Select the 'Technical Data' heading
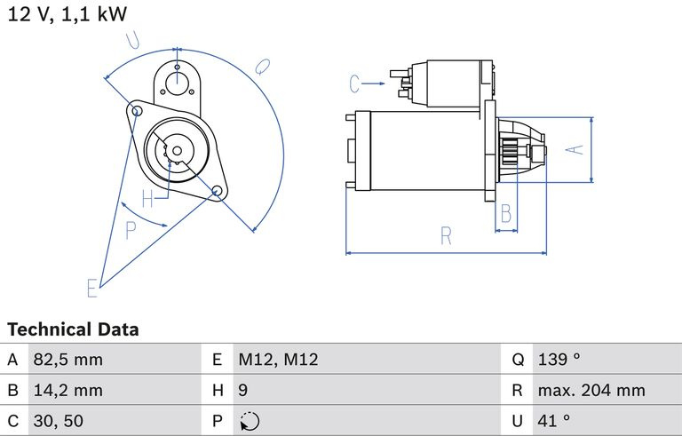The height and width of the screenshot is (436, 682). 73,329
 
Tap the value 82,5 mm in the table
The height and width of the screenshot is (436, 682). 67,361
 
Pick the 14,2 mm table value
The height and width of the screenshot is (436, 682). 67,391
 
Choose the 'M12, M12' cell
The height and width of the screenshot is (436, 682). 277,361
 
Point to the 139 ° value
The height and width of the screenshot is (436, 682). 559,361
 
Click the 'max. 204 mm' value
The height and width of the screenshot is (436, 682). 591,391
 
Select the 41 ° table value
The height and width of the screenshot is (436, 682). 553,421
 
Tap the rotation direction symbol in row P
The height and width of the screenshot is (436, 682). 249,422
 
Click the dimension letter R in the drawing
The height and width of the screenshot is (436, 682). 447,236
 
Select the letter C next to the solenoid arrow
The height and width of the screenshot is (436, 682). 355,84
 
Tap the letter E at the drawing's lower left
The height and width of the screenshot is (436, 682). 91,288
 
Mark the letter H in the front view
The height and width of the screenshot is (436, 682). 147,197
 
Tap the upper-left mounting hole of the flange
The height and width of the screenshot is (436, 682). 137,110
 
